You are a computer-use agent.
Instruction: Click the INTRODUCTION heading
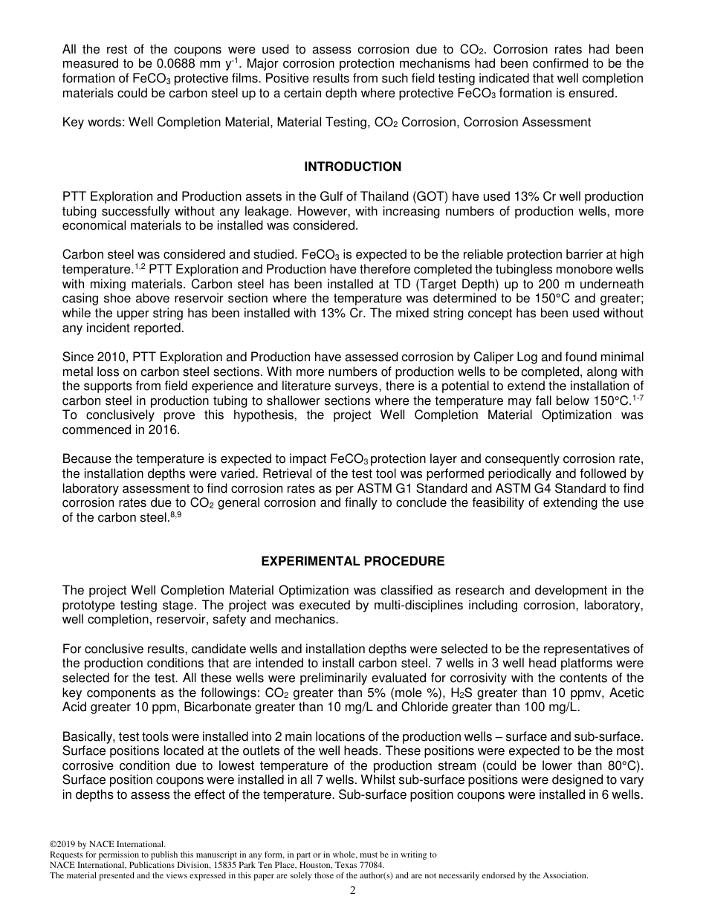click(352, 166)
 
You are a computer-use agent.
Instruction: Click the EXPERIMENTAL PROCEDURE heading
click(352, 561)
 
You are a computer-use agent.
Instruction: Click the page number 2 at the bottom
click(353, 891)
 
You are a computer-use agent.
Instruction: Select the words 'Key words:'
click(94, 122)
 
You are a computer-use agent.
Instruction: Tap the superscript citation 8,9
click(176, 515)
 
